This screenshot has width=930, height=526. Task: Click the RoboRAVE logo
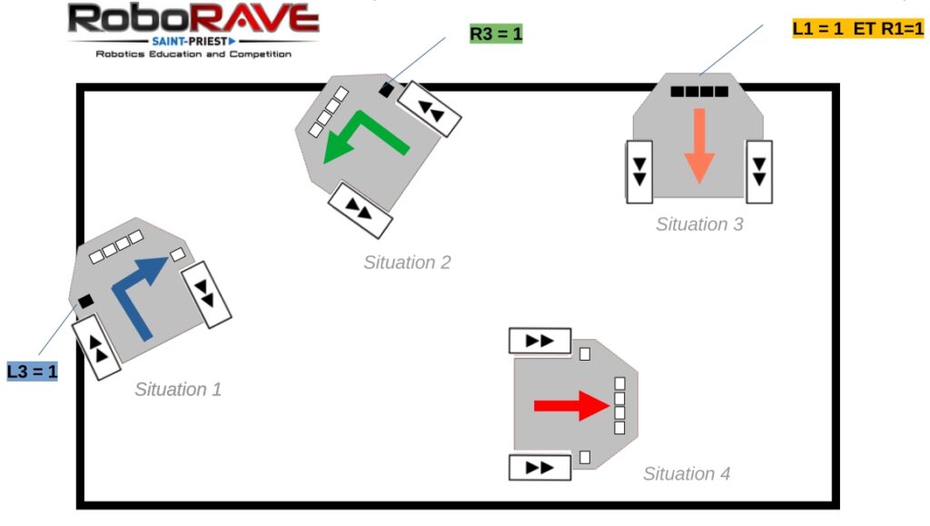click(x=193, y=31)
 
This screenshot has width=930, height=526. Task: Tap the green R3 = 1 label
click(x=496, y=34)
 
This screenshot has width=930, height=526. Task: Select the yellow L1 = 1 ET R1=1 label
click(x=857, y=28)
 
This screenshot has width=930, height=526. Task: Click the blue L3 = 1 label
click(x=32, y=372)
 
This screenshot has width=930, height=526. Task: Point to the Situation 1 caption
click(x=178, y=389)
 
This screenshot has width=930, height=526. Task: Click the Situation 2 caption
click(x=407, y=263)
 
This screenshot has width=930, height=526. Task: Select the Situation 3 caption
click(x=699, y=224)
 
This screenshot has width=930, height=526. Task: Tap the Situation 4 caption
click(x=687, y=474)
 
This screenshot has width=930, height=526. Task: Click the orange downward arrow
click(x=699, y=146)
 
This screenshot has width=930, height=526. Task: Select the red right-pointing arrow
click(x=572, y=405)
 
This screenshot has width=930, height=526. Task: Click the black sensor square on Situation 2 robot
click(x=386, y=90)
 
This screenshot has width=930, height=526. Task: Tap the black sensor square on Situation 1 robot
click(x=86, y=302)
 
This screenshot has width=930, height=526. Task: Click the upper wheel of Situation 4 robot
click(x=539, y=341)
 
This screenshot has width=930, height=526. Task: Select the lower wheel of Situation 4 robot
click(x=539, y=467)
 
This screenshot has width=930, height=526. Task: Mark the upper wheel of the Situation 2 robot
click(x=430, y=108)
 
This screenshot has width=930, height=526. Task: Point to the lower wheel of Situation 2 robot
click(x=360, y=211)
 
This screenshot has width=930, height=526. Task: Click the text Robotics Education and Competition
click(x=193, y=54)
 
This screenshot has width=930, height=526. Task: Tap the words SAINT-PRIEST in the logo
click(x=190, y=42)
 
